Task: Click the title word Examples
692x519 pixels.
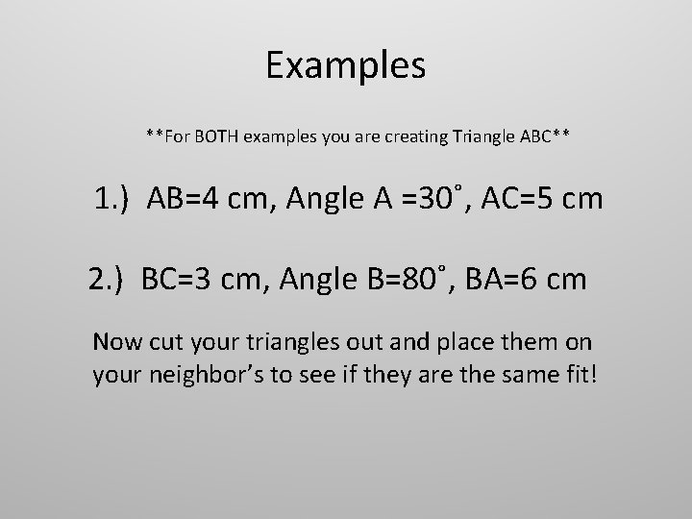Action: pos(345,65)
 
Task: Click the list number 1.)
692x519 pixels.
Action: pos(114,200)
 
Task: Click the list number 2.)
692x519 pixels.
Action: pos(109,279)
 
